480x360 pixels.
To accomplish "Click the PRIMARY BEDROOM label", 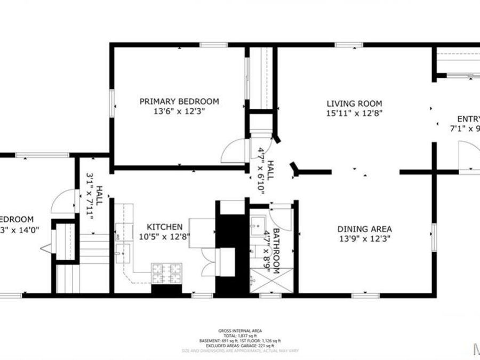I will pos(179,101).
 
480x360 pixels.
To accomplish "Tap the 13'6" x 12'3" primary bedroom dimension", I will pos(179,111).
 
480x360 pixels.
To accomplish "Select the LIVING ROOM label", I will pos(355,103).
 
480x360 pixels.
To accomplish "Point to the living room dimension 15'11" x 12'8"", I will pos(355,113).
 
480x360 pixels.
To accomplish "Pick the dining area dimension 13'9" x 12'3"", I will pos(365,239).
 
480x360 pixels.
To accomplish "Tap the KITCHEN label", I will pos(161,227).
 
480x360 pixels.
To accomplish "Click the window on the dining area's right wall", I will pos(435,238).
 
